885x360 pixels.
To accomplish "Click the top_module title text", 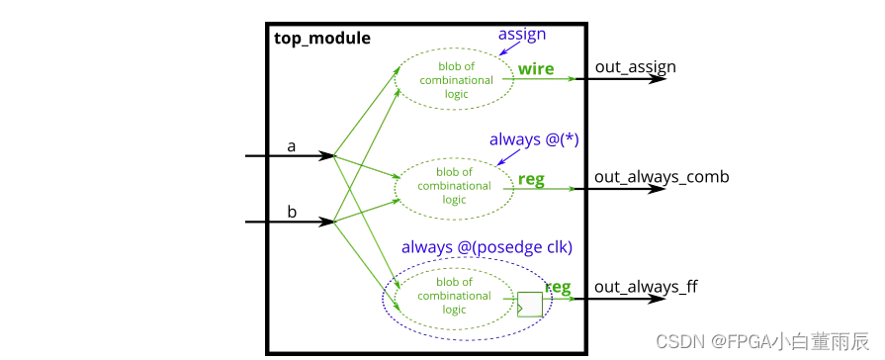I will click(x=321, y=39).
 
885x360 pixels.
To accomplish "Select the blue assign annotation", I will click(x=522, y=34).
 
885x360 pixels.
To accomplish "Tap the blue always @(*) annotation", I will click(x=533, y=139).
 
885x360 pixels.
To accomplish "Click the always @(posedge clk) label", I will click(x=487, y=245).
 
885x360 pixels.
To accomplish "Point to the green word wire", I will click(x=536, y=70).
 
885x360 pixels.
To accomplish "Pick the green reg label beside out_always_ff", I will click(x=558, y=288).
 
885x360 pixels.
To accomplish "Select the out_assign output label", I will click(x=635, y=67).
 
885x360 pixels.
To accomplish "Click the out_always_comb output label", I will click(x=662, y=177).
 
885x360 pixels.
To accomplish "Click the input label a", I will click(x=291, y=146).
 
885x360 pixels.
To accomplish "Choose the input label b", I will click(x=291, y=212).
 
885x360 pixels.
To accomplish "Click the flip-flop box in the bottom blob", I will click(x=529, y=305).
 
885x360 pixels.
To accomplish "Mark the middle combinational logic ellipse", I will click(x=455, y=186).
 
